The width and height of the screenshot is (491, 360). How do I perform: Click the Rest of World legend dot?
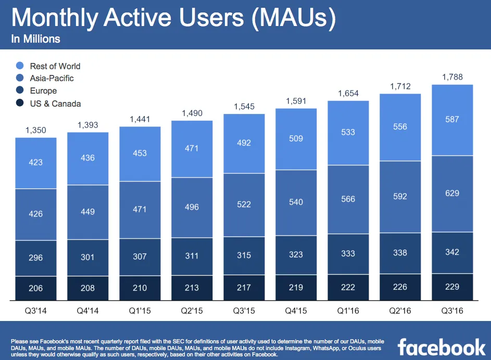[20, 66]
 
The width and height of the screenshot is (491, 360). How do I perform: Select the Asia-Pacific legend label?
[52, 79]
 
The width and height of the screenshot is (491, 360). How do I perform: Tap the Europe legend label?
[43, 91]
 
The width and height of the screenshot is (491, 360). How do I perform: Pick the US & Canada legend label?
[55, 104]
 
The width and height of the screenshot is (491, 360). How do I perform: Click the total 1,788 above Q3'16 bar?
[452, 78]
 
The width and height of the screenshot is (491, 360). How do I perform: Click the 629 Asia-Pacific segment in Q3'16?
[452, 194]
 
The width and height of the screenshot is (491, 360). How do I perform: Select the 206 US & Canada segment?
[36, 288]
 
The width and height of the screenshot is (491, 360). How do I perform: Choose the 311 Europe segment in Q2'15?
[192, 256]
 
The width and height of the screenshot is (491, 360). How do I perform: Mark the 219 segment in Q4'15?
[296, 288]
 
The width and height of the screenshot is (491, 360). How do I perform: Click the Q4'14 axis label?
[88, 311]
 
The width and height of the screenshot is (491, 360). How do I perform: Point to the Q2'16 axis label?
[400, 311]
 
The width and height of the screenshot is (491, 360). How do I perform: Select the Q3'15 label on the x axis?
[244, 311]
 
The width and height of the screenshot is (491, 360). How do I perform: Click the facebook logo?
[442, 346]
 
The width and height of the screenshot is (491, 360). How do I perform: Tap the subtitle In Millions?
[35, 39]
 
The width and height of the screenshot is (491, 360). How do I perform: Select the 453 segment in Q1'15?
[140, 153]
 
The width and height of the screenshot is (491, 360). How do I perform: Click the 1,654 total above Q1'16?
[348, 94]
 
